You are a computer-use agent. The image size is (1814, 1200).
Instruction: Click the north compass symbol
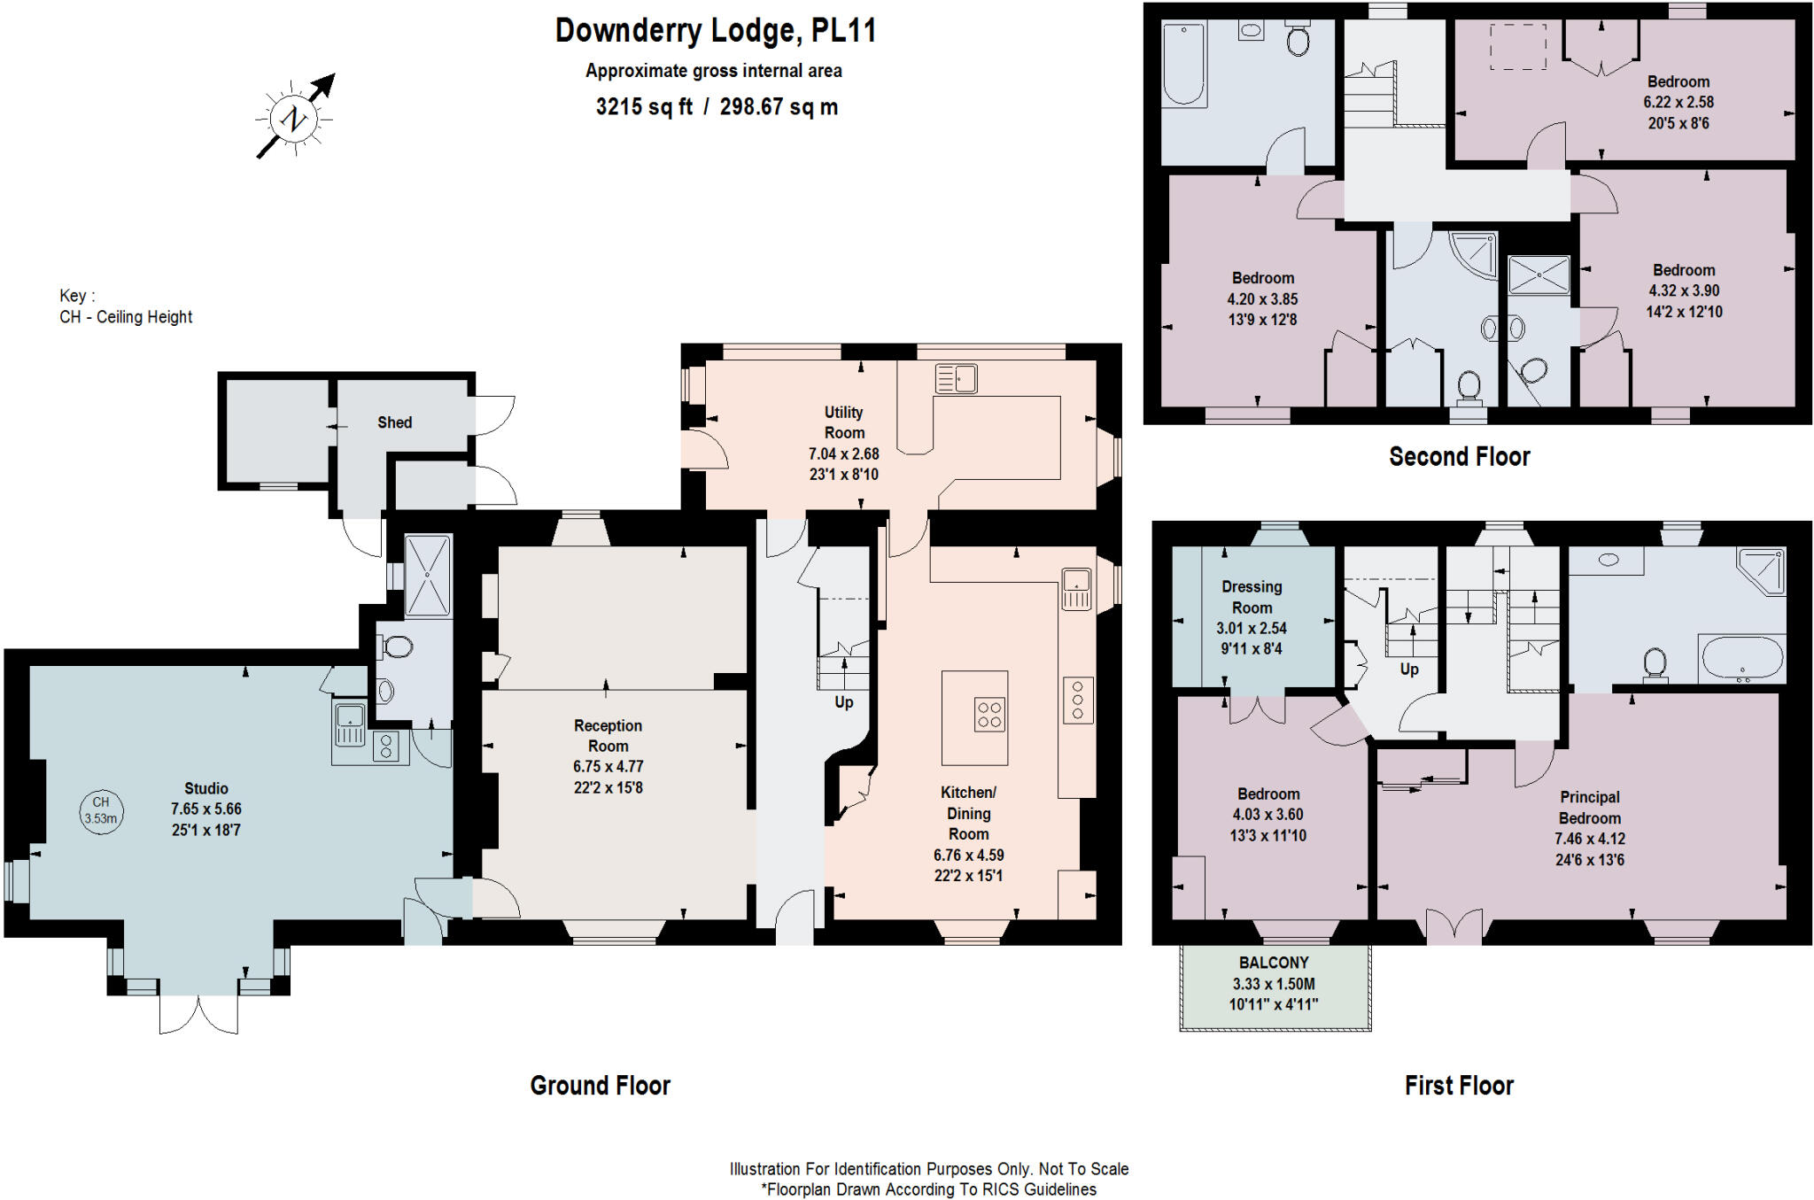pyautogui.click(x=293, y=118)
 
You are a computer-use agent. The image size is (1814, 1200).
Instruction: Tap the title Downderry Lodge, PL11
pyautogui.click(x=715, y=31)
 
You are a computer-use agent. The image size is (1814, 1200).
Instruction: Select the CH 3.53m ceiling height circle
pyautogui.click(x=101, y=810)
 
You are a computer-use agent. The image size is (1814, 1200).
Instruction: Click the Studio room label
pyautogui.click(x=206, y=788)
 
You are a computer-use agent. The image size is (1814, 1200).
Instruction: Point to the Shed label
pyautogui.click(x=394, y=422)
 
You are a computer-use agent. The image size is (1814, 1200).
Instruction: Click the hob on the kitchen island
pyautogui.click(x=989, y=715)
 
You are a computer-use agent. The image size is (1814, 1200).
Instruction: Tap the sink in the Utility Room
pyautogui.click(x=956, y=379)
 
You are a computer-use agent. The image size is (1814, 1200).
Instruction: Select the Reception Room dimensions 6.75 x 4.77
pyautogui.click(x=608, y=767)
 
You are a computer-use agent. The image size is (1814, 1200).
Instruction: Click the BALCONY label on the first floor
pyautogui.click(x=1274, y=963)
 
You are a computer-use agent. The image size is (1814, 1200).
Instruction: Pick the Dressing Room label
pyautogui.click(x=1252, y=597)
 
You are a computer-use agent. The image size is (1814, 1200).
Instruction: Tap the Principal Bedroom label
pyautogui.click(x=1589, y=808)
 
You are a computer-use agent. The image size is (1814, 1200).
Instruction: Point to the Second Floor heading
pyautogui.click(x=1459, y=457)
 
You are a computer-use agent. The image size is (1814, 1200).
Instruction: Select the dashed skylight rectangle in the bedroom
pyautogui.click(x=1518, y=46)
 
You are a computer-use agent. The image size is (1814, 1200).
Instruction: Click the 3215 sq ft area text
pyautogui.click(x=644, y=107)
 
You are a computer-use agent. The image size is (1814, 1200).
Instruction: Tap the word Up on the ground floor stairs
pyautogui.click(x=843, y=702)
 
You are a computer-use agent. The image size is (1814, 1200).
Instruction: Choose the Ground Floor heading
pyautogui.click(x=600, y=1086)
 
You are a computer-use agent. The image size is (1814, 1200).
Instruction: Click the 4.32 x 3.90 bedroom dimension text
pyautogui.click(x=1683, y=290)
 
